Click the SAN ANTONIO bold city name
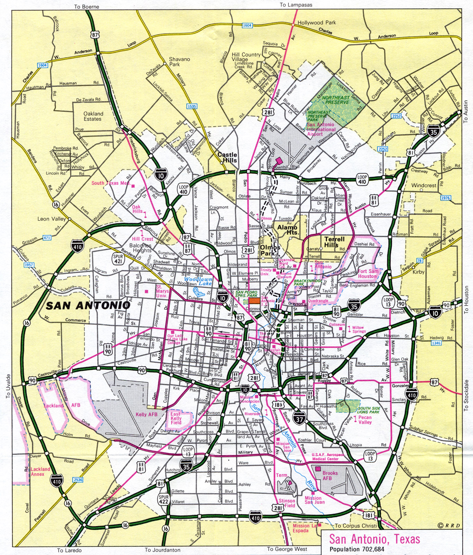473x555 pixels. (88, 305)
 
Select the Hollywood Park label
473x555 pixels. (316, 23)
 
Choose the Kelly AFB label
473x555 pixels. (146, 414)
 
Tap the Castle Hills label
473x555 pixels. (227, 158)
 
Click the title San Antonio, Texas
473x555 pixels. (374, 539)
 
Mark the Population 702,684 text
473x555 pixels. (357, 549)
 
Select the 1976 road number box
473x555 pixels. (445, 198)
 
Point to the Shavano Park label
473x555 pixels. (179, 62)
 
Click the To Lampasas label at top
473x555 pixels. (296, 5)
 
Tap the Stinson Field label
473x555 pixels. (287, 503)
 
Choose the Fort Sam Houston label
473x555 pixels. (368, 274)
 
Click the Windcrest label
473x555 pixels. (423, 185)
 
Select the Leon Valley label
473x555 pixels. (51, 219)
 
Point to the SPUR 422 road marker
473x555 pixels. (163, 499)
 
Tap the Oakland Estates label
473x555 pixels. (93, 116)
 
